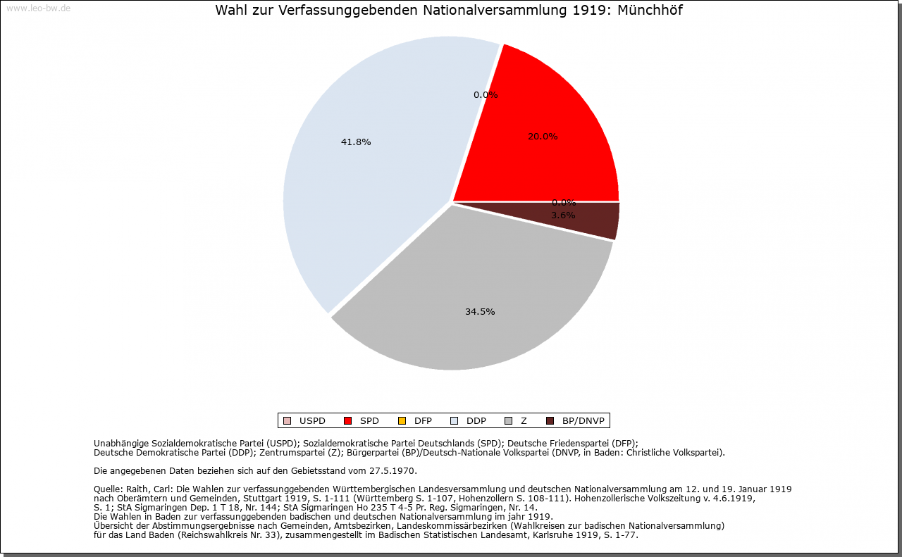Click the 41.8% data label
(x=356, y=142)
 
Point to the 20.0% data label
(x=543, y=137)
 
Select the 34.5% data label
(x=480, y=312)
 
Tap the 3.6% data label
(x=563, y=215)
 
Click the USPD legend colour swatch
(x=287, y=421)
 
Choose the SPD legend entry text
(x=369, y=421)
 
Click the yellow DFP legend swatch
(x=402, y=421)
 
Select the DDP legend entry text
(x=476, y=421)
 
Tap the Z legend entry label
(x=524, y=421)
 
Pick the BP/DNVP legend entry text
(x=583, y=421)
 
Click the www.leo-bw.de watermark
(x=38, y=9)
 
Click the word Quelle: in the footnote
(x=109, y=489)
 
